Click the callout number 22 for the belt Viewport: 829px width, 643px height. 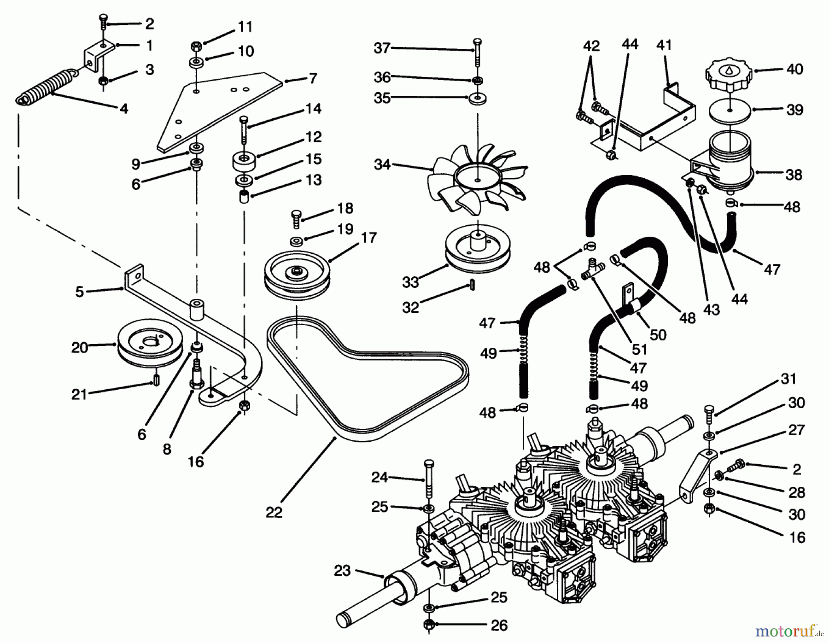click(274, 512)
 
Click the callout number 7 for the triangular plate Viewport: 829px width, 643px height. click(313, 79)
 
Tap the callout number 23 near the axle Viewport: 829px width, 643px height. click(342, 571)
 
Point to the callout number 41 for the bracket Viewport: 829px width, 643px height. click(664, 45)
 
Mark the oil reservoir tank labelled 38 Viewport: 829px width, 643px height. click(730, 161)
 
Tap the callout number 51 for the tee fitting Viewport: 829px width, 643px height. click(639, 350)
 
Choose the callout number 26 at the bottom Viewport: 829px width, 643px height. click(499, 625)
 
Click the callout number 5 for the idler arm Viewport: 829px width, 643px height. click(80, 292)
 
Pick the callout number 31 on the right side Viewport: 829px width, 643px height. click(788, 379)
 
